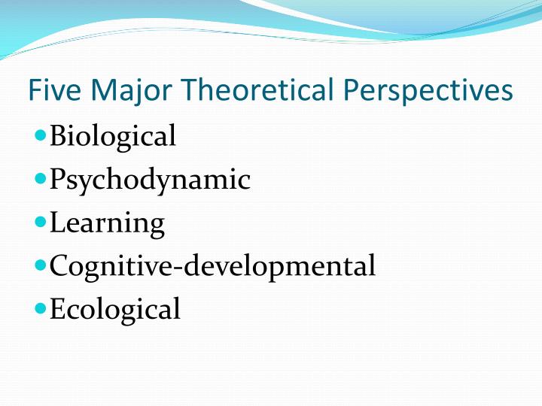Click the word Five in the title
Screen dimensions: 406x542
coord(50,91)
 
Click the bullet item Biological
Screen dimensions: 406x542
coord(113,136)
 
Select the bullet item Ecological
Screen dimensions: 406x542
coord(115,309)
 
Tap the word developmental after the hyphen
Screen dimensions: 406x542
coord(278,266)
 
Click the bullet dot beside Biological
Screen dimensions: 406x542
coord(41,137)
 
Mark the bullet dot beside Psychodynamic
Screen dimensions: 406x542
coord(41,180)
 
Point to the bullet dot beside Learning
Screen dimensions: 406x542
coord(41,223)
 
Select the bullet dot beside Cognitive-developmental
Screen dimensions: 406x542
coord(41,265)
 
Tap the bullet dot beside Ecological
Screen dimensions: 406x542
coord(41,308)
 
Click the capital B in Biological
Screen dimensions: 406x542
coord(58,136)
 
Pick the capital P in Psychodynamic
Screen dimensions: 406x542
coord(57,179)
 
